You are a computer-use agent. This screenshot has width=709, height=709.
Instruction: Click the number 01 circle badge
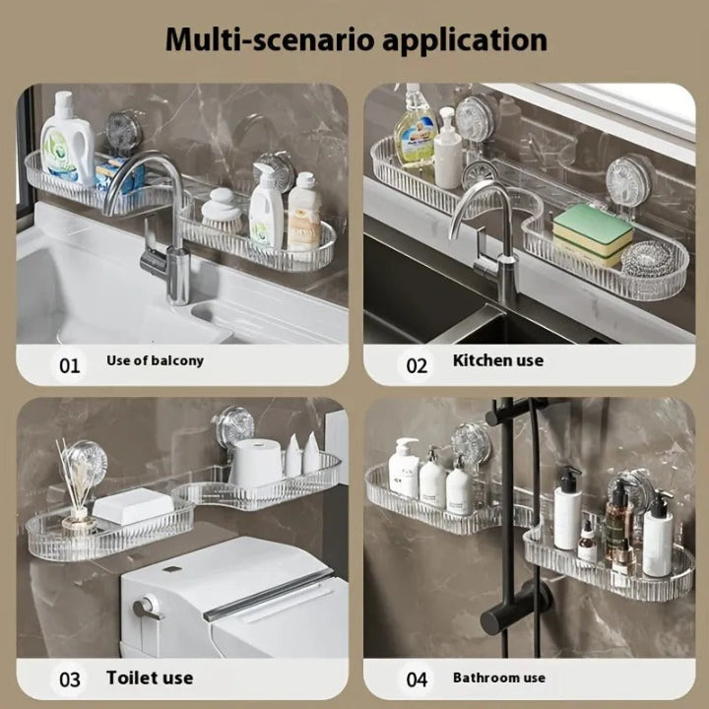69,365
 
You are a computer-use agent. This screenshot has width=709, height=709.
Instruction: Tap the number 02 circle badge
417,365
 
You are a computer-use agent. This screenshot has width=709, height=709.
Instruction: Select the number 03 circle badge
69,678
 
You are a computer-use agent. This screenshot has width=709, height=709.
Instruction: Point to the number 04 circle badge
417,678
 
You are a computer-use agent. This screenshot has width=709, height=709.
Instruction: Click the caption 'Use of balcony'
155,360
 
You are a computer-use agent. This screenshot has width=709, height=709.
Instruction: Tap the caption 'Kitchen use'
497,360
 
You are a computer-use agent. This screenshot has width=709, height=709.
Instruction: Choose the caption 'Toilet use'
150,677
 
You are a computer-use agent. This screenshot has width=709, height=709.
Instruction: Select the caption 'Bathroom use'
498,677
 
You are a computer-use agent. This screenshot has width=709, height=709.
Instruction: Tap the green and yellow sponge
592,232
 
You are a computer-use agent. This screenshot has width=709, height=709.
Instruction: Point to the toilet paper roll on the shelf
256,463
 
